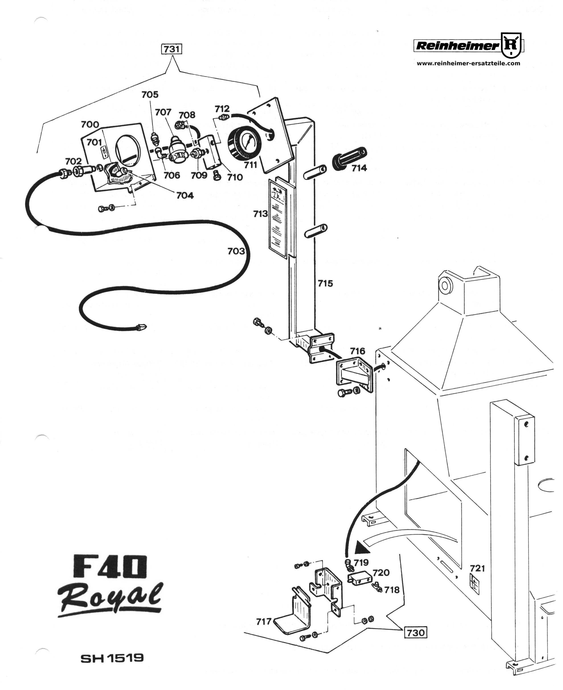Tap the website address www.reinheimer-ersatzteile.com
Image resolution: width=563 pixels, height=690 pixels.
point(468,64)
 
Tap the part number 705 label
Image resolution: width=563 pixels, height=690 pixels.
point(150,94)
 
